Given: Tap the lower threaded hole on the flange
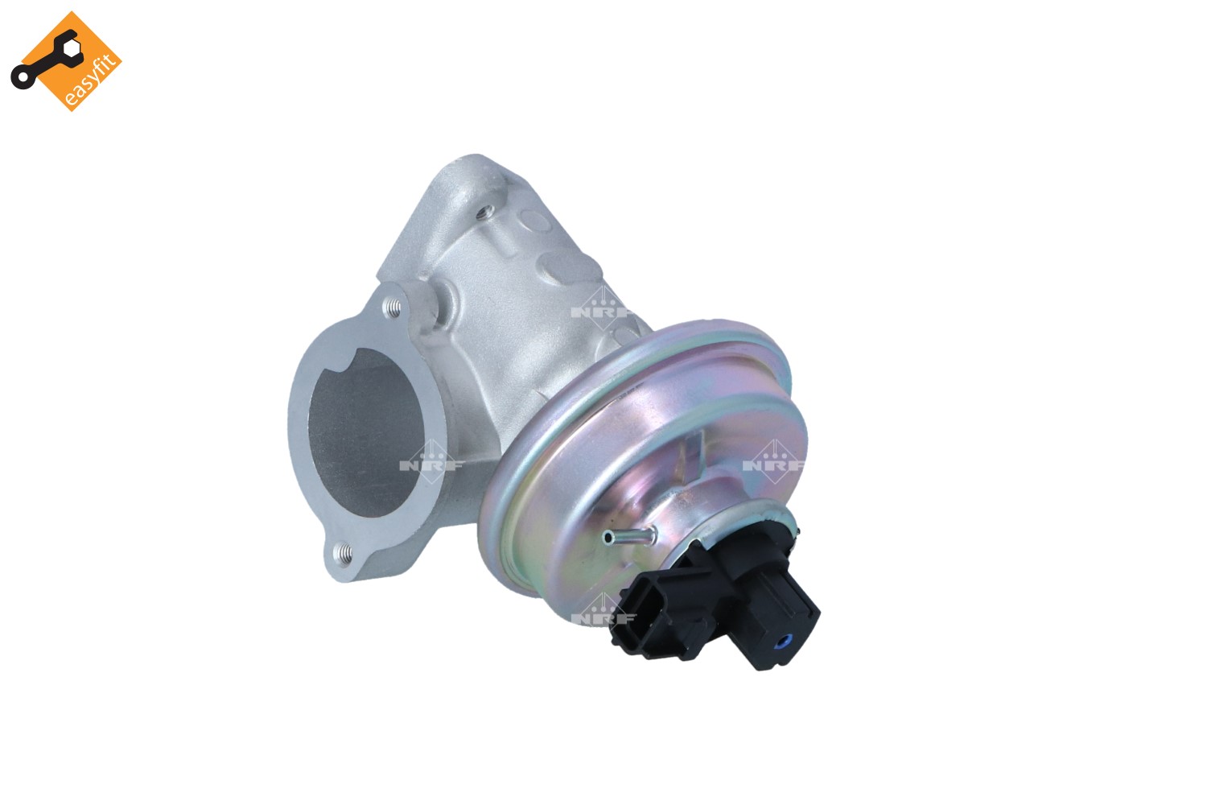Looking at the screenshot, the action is tap(343, 551).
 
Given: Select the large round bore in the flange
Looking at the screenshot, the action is tap(365, 432).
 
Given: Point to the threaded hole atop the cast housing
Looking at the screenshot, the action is tap(486, 213).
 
